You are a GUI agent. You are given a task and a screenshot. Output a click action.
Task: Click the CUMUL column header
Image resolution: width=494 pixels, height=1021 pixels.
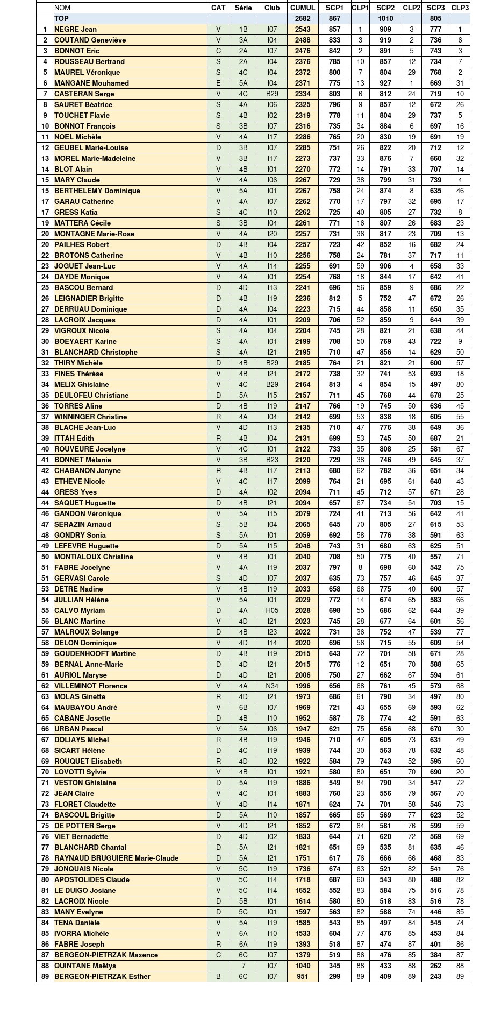303,8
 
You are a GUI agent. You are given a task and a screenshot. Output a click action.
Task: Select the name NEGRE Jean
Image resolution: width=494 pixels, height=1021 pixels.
76,29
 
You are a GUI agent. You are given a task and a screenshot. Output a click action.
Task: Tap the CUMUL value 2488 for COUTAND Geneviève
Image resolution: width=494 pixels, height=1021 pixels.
303,40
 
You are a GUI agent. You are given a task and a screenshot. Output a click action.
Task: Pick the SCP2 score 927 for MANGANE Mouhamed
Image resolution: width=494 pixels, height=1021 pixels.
385,83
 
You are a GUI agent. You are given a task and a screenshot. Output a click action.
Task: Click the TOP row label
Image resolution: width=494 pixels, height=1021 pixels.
62,18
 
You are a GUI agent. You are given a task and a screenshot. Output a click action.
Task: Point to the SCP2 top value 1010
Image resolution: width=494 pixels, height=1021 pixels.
385,18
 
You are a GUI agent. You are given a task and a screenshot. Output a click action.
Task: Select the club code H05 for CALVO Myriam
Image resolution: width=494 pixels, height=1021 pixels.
272,610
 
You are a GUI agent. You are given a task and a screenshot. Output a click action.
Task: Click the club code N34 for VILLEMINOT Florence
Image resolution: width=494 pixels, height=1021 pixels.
272,686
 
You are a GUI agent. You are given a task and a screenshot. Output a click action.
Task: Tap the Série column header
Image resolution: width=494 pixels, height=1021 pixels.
243,8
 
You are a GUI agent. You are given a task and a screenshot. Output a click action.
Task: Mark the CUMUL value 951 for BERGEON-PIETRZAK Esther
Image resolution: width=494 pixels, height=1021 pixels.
303,976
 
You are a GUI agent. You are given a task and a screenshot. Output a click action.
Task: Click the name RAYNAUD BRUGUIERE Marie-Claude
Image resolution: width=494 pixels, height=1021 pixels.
117,858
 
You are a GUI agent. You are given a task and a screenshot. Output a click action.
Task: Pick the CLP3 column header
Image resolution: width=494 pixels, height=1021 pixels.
460,8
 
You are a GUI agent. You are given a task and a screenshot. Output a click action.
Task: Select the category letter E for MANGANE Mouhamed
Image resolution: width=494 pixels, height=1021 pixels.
218,83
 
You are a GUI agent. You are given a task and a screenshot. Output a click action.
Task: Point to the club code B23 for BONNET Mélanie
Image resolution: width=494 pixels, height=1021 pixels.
272,460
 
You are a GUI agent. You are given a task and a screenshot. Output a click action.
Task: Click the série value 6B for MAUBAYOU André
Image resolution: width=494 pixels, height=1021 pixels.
243,707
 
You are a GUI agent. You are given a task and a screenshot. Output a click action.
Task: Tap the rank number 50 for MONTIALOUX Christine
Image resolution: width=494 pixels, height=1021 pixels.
45,557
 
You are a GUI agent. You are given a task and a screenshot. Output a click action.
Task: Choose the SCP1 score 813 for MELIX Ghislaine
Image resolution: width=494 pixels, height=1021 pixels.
334,384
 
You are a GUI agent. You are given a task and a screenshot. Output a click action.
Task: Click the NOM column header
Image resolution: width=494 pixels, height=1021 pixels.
62,8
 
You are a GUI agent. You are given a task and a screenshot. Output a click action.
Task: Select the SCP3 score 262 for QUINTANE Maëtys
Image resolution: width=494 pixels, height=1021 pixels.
435,966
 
